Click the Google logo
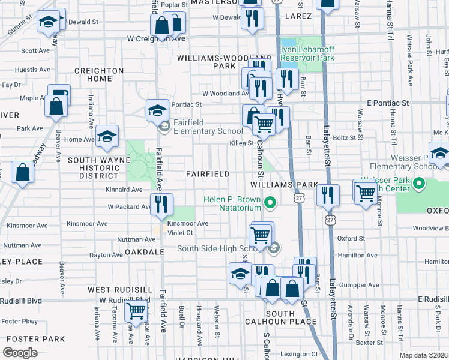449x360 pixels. pos(20,353)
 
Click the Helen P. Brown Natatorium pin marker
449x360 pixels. pos(270,203)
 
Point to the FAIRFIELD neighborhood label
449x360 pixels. pos(207,174)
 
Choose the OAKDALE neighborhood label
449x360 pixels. pos(144,252)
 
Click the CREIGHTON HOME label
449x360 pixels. pos(98,74)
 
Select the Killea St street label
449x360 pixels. pos(241,143)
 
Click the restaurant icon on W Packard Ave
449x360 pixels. pos(161,205)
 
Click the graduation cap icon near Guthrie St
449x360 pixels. pos(48,23)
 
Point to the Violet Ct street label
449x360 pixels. pos(180,233)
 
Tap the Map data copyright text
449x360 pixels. pos(424,355)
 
